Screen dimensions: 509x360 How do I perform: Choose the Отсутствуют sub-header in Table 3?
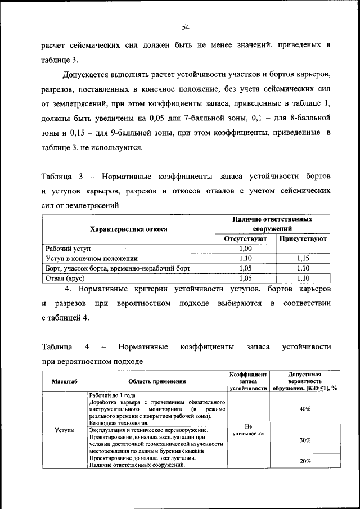245,239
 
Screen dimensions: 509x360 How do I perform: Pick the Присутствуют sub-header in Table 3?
303,239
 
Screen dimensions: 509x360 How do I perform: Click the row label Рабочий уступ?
67,249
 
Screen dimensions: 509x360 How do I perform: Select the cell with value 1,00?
245,249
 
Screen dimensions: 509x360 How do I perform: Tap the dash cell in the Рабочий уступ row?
303,249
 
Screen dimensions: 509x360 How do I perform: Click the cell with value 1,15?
303,258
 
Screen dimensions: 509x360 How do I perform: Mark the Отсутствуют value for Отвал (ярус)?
245,277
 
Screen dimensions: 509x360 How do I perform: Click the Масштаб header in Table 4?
64,381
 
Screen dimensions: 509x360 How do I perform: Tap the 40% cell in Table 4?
305,409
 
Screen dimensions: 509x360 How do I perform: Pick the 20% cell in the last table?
305,461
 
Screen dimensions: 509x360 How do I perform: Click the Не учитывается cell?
248,430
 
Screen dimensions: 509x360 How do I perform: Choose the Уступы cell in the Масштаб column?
64,430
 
